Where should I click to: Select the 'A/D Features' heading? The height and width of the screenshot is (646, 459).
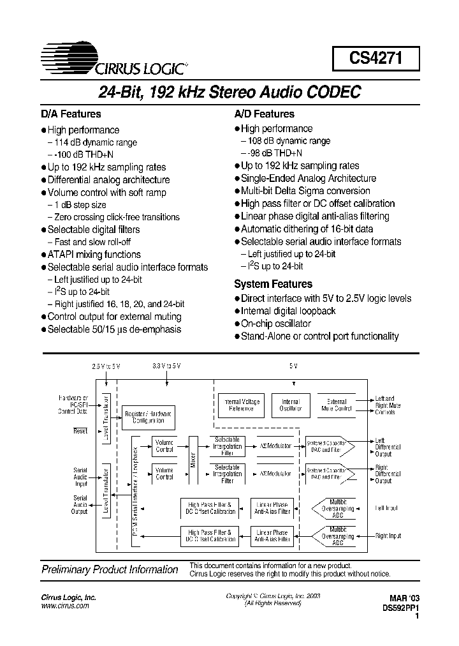click(264, 114)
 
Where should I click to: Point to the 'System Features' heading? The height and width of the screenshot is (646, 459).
click(273, 284)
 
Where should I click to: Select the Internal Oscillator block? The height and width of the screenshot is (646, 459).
click(290, 405)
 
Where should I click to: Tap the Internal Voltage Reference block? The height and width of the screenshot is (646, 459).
click(239, 405)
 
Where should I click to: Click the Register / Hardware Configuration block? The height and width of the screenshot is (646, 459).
click(149, 417)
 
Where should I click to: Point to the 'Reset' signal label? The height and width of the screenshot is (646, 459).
click(80, 431)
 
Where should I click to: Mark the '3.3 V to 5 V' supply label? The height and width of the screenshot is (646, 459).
click(167, 366)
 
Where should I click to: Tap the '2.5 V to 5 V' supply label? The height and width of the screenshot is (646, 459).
click(106, 366)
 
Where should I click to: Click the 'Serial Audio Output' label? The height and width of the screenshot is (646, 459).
click(80, 504)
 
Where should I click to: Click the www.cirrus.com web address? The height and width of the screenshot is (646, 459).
click(65, 606)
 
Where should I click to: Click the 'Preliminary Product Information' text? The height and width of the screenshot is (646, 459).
click(110, 569)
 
